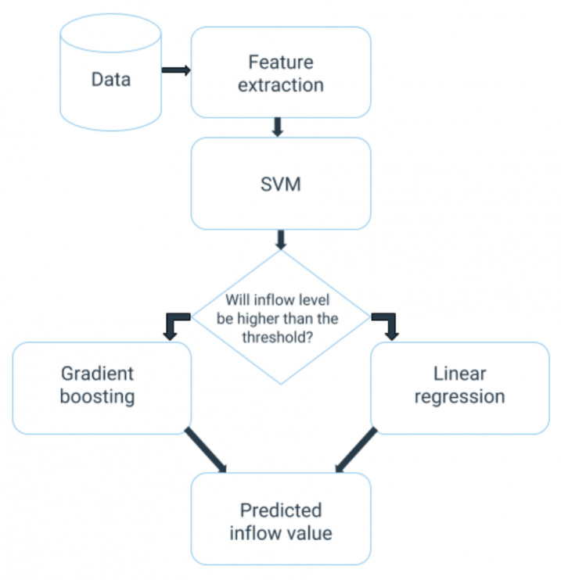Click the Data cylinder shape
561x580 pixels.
(x=110, y=78)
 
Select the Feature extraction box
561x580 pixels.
(x=280, y=73)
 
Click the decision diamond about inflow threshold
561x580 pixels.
(x=280, y=317)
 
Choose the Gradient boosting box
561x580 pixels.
(x=101, y=387)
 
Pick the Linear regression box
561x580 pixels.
(x=459, y=387)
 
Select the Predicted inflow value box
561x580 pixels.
(x=280, y=521)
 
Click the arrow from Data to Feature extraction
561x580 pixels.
(x=176, y=70)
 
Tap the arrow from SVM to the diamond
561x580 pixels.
(x=281, y=238)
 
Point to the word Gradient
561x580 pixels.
(x=98, y=373)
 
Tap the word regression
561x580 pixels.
(x=459, y=397)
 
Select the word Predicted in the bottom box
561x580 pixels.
(x=280, y=510)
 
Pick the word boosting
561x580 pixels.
(x=98, y=397)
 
